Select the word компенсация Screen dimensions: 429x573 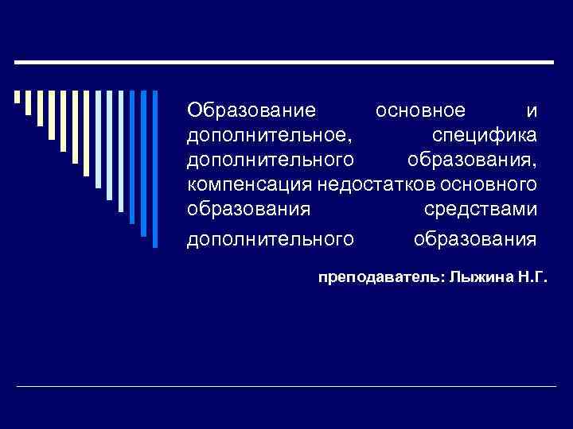249,186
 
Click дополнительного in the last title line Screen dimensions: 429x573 270,238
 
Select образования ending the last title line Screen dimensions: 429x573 475,238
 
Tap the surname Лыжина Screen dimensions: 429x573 476,279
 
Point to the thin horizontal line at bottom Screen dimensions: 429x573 286,386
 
